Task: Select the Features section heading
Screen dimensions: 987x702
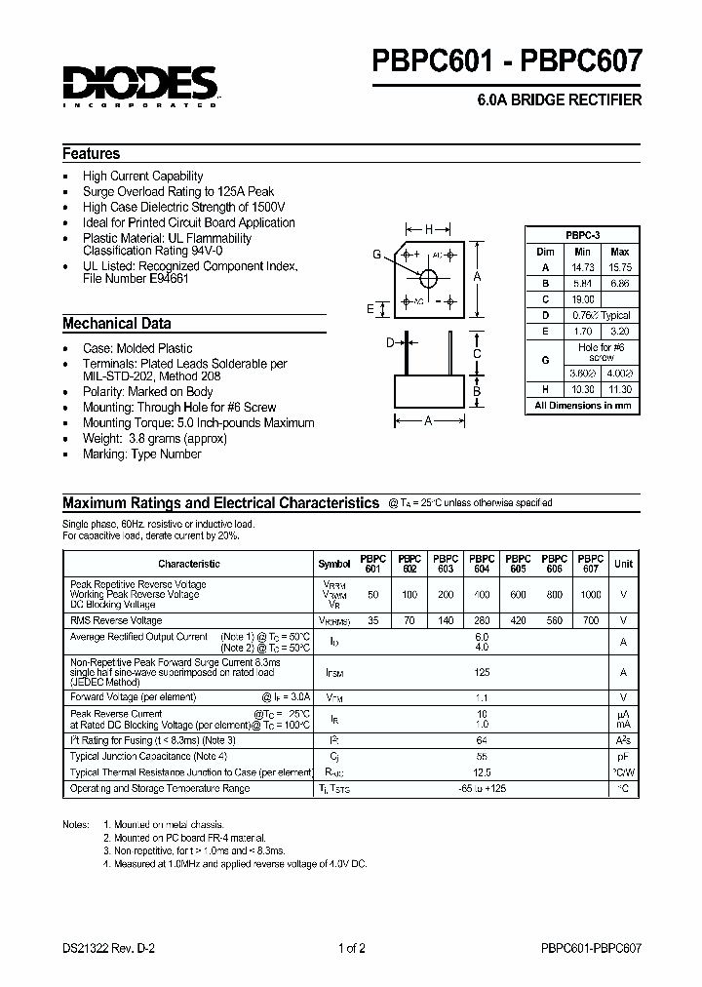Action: (x=92, y=153)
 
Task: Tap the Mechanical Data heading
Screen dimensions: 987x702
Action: (x=117, y=323)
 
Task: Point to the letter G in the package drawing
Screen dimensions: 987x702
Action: (x=376, y=255)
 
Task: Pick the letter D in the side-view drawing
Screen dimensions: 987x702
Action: (x=390, y=342)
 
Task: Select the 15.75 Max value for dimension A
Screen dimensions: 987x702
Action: (x=619, y=266)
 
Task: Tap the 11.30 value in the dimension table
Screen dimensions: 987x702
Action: (x=619, y=389)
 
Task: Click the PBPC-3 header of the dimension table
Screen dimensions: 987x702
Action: (x=583, y=235)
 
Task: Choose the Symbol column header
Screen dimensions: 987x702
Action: (x=334, y=564)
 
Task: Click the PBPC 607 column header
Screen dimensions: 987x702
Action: (x=590, y=564)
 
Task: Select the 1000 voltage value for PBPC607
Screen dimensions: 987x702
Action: (x=590, y=594)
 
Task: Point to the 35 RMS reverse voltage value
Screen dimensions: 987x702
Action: (x=373, y=620)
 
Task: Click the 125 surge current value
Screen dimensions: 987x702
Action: (x=481, y=673)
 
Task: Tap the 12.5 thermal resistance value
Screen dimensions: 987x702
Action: (x=481, y=771)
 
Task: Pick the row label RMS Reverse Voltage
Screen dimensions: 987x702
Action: (x=116, y=620)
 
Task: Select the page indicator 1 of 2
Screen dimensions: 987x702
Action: (x=351, y=947)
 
